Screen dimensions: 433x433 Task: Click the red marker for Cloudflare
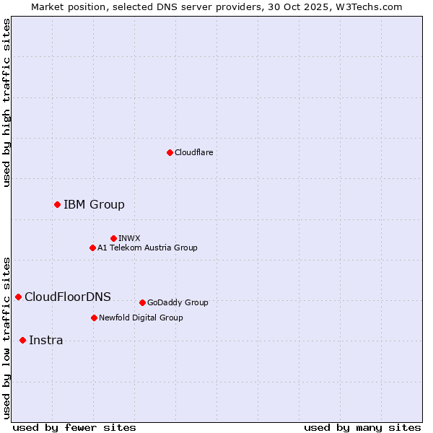pos(170,152)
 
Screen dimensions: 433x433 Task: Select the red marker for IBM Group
pos(57,205)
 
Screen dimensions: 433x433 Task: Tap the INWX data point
pos(113,238)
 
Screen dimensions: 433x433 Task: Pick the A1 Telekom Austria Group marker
pos(92,248)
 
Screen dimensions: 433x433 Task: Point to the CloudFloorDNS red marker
pos(18,297)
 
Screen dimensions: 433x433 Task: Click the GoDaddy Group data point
pos(142,302)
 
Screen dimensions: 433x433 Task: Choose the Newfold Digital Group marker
pos(94,318)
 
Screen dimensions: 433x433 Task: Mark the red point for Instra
pos(22,341)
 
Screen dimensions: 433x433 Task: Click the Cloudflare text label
pos(193,152)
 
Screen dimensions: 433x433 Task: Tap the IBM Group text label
pos(94,205)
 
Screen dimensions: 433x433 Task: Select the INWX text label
pos(129,238)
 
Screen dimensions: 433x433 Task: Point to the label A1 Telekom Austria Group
pos(147,248)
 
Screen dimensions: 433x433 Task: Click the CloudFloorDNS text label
pos(68,297)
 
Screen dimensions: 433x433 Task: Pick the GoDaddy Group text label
pos(178,303)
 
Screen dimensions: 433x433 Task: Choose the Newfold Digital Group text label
pos(141,318)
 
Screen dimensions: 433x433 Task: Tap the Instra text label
pos(45,341)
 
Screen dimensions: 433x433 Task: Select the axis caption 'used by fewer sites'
pos(74,427)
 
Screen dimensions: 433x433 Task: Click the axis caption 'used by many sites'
pos(362,427)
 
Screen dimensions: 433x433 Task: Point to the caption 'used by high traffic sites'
pos(6,102)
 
